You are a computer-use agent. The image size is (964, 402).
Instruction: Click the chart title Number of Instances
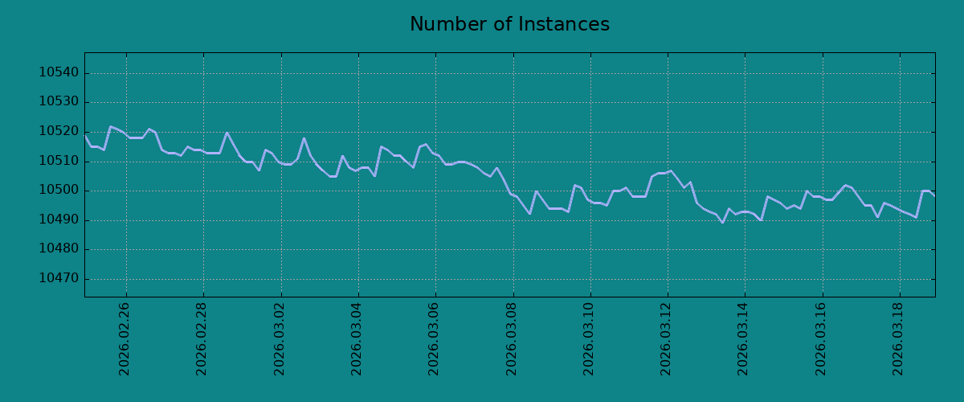(x=509, y=24)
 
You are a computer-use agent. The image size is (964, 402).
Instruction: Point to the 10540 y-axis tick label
(x=59, y=72)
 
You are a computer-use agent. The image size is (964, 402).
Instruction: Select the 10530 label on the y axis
(x=59, y=101)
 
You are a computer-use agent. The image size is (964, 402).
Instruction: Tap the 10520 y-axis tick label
(x=59, y=131)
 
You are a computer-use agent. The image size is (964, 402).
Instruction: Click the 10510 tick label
(x=59, y=161)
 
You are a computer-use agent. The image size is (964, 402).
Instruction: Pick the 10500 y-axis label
(x=59, y=190)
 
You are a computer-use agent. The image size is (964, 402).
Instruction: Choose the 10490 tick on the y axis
(x=59, y=219)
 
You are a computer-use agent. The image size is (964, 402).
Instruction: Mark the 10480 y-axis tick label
(x=59, y=248)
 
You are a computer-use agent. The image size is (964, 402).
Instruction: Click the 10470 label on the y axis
(x=59, y=278)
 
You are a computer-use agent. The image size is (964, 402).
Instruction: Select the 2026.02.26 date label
(x=124, y=339)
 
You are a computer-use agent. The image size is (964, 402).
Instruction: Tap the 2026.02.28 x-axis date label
(x=202, y=339)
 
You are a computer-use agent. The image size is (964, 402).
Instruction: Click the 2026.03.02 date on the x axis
(x=280, y=339)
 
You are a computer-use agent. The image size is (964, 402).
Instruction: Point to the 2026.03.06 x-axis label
(x=433, y=339)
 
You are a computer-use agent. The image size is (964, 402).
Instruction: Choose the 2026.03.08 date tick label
(x=511, y=339)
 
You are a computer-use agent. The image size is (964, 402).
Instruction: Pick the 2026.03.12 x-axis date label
(x=666, y=339)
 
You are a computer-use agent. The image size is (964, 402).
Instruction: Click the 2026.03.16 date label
(x=821, y=339)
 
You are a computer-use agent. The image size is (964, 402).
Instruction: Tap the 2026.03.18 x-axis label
(x=898, y=339)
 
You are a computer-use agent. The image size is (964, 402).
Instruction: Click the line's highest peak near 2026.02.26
(x=111, y=126)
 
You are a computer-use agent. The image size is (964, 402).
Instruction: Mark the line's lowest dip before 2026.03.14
(x=722, y=223)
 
